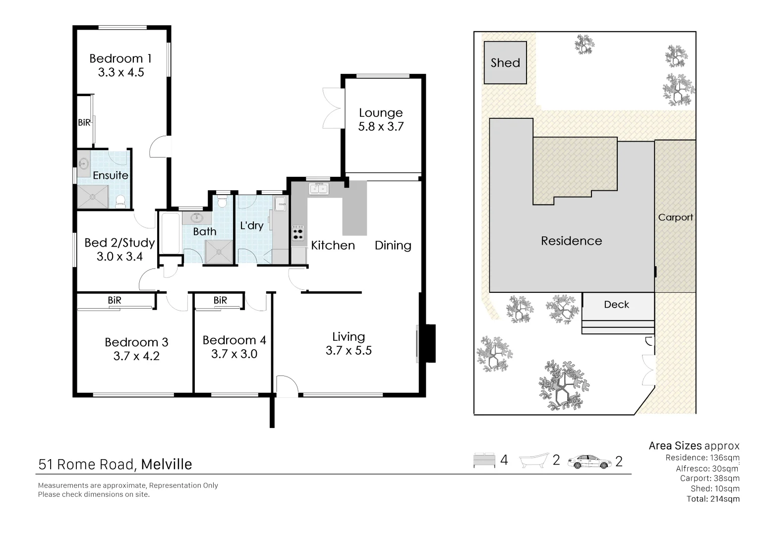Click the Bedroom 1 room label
[120, 58]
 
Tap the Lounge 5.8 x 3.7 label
[381, 119]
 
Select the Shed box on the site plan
[505, 62]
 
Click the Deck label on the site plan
[616, 305]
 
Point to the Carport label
[675, 217]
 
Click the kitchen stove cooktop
[298, 233]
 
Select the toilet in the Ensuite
[119, 201]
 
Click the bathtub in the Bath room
[170, 233]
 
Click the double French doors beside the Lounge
[331, 108]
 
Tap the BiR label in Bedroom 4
[220, 300]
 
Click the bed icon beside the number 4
[484, 461]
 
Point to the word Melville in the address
[167, 464]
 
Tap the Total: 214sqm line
[712, 499]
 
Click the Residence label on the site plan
[571, 241]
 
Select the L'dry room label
[251, 226]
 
